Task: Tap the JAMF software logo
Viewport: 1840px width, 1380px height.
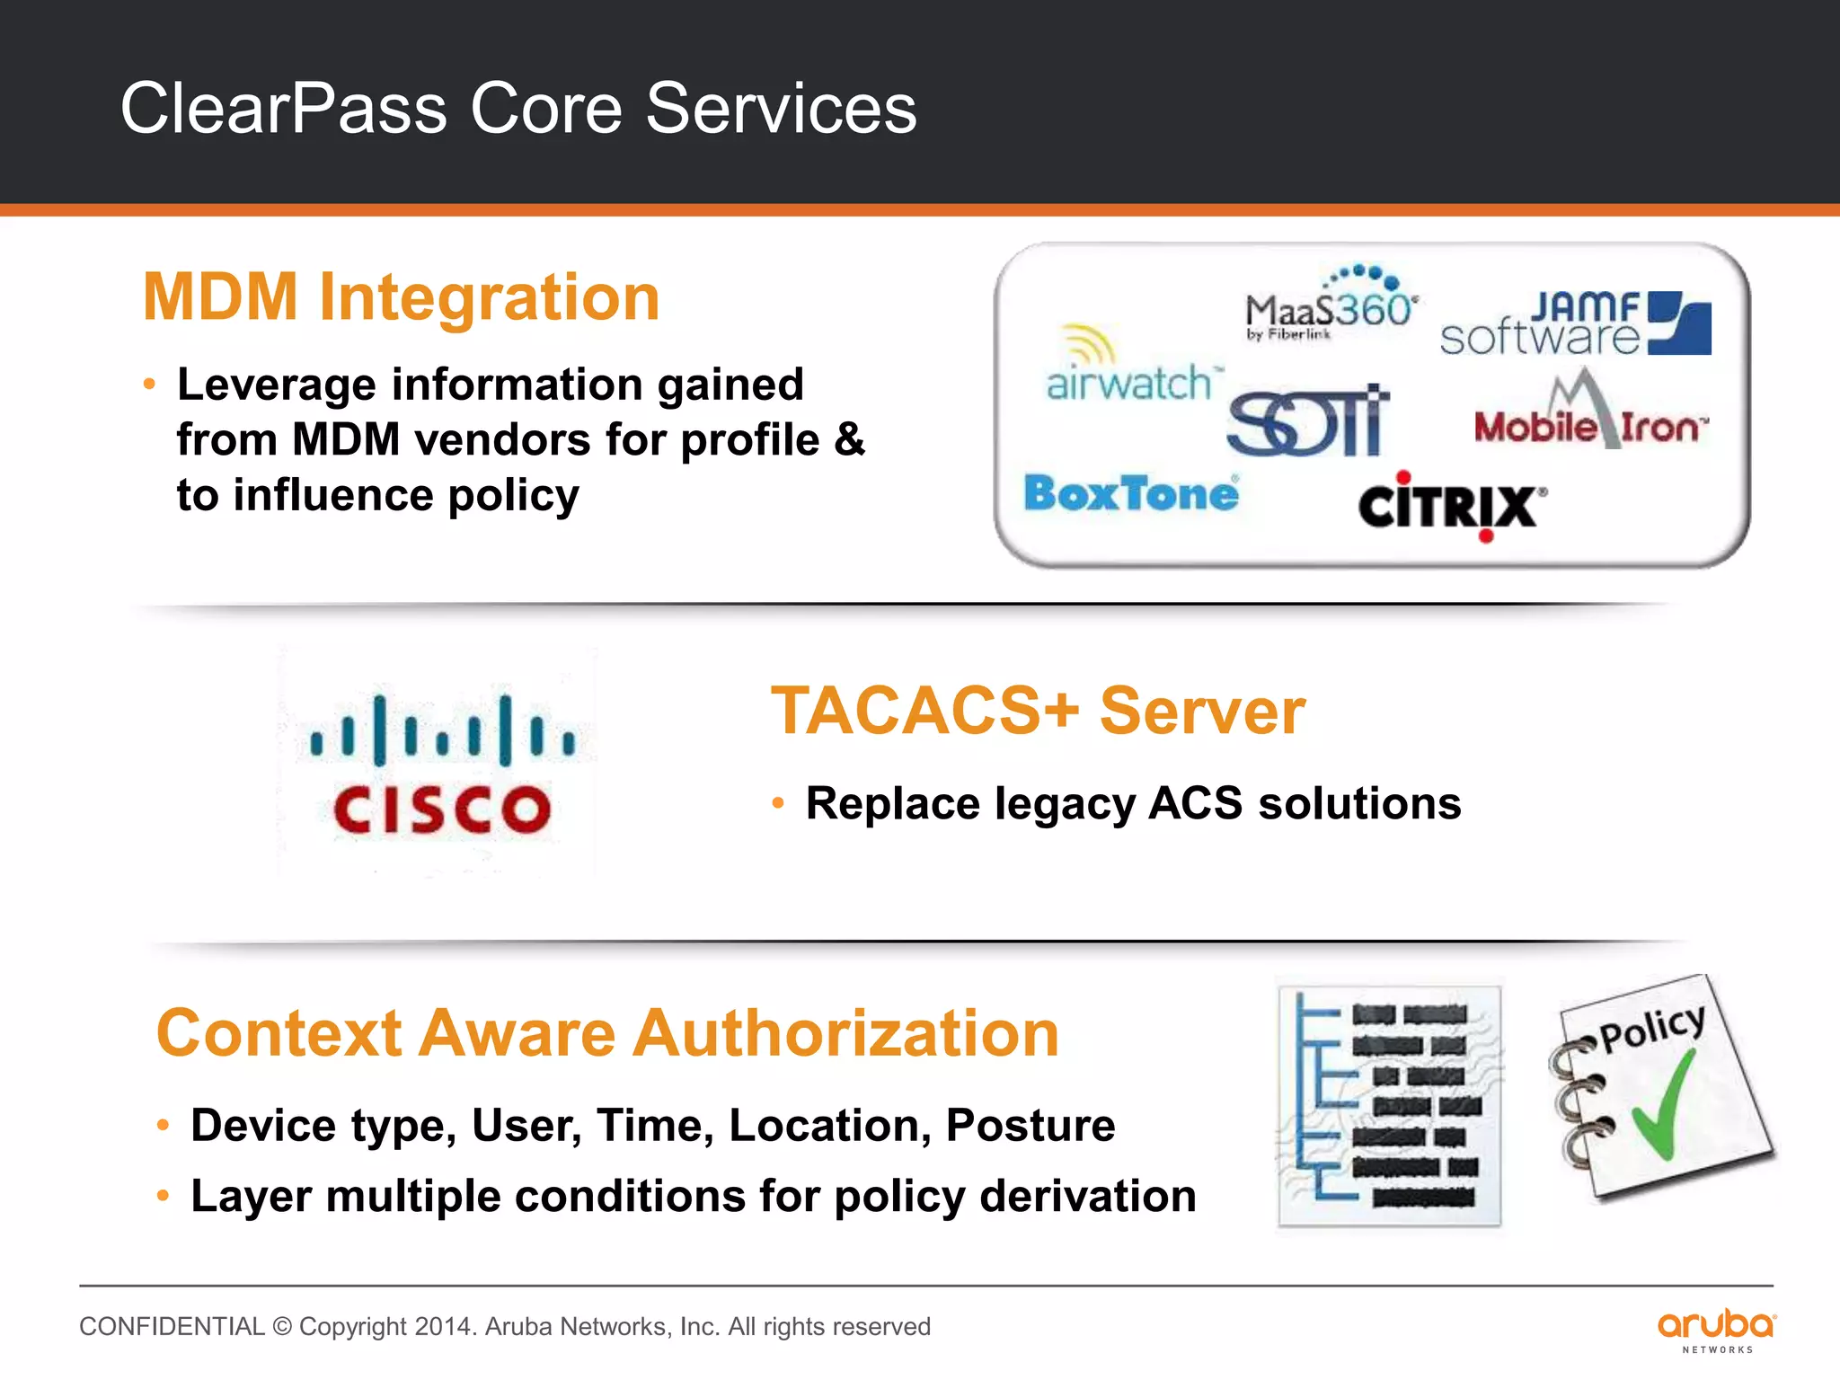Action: [1574, 324]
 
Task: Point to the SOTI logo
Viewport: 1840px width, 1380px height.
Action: [1308, 421]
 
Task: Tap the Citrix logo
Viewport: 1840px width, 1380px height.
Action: [1452, 506]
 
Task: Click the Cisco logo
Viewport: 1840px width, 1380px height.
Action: [440, 765]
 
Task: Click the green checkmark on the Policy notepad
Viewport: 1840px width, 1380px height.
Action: [1664, 1105]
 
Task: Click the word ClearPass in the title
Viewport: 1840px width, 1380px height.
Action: [284, 109]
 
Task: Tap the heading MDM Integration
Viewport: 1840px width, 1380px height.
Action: [402, 296]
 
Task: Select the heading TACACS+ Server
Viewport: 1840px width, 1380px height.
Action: [1038, 711]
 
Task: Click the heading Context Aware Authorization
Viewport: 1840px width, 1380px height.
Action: [607, 1033]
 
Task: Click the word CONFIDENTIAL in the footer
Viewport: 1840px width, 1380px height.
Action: [172, 1326]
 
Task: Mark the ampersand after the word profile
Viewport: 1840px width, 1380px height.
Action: [850, 439]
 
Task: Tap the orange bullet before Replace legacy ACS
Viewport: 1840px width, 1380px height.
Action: [779, 802]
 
